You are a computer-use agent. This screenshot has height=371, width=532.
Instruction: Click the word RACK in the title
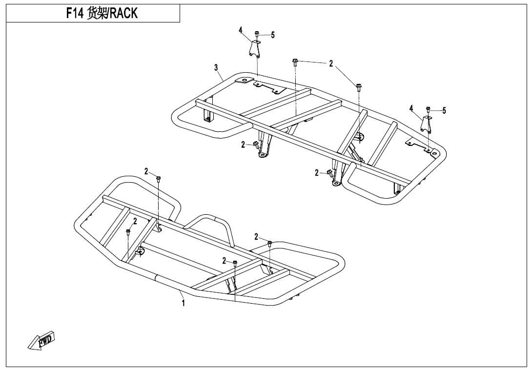123,14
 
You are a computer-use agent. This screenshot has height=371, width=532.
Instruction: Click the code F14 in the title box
75,14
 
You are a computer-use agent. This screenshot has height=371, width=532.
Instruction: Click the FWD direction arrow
41,340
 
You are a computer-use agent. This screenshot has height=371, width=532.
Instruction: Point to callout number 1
183,303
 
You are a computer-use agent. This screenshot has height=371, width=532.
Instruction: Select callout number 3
216,67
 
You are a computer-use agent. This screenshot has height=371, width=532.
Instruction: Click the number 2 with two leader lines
331,63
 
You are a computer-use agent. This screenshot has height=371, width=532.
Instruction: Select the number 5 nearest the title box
273,35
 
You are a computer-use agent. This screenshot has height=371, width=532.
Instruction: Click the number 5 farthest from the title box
444,110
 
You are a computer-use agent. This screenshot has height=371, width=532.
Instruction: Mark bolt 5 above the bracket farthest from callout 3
428,110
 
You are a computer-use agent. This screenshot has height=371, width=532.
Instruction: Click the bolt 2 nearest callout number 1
235,264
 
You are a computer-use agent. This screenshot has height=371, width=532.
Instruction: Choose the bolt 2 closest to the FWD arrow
128,232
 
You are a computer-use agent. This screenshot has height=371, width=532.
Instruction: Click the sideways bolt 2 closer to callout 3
256,144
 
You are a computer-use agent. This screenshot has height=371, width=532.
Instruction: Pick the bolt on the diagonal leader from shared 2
359,88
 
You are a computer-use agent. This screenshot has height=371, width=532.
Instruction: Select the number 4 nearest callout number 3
241,30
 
